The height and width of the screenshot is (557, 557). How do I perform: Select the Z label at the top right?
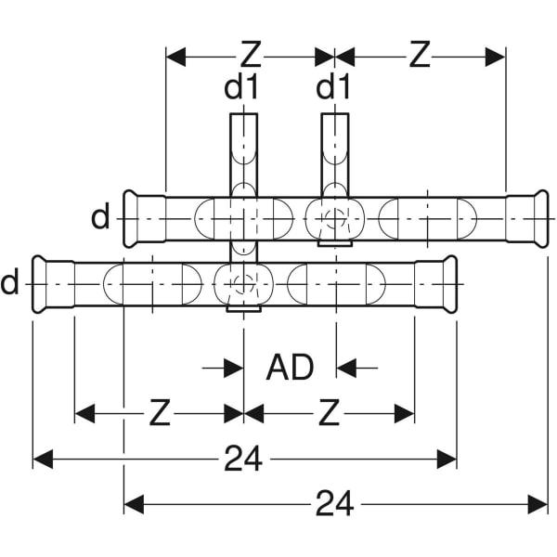pyautogui.click(x=420, y=57)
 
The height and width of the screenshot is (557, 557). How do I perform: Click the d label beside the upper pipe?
pyautogui.click(x=101, y=218)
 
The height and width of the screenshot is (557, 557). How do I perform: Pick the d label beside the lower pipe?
pyautogui.click(x=10, y=282)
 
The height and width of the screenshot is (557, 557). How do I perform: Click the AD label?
pyautogui.click(x=290, y=368)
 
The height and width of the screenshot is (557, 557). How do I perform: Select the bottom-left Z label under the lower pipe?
pyautogui.click(x=160, y=413)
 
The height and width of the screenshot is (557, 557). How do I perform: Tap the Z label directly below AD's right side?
pyautogui.click(x=328, y=413)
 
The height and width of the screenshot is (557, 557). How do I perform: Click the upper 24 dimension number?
pyautogui.click(x=243, y=459)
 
